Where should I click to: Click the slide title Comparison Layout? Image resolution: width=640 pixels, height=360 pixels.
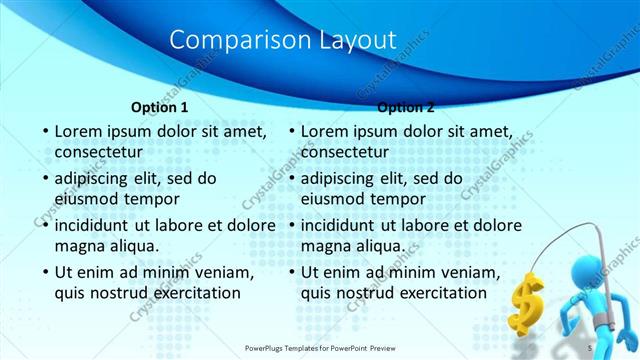tap(283, 40)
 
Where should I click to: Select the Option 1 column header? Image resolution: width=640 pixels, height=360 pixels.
tap(159, 107)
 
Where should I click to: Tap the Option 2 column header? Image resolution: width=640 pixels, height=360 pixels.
tap(406, 107)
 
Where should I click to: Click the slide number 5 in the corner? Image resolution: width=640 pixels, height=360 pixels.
tap(590, 347)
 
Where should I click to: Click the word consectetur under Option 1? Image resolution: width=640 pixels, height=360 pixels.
tap(98, 153)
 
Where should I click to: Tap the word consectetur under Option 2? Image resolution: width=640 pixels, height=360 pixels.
tap(344, 153)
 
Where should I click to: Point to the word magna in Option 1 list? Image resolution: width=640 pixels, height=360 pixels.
tap(79, 246)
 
